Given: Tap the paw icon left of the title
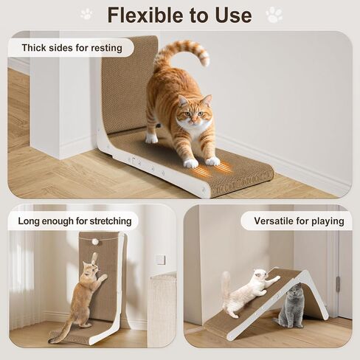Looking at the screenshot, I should (86, 14).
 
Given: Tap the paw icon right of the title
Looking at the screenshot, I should (274, 14).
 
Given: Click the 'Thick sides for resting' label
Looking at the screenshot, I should (71, 48).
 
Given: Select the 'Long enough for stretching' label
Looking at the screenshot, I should (74, 220).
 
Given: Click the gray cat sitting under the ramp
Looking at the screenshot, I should (291, 306).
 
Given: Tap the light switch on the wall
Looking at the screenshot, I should (160, 260).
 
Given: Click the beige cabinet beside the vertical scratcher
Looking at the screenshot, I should (162, 310).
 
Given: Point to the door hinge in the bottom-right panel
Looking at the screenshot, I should (338, 284).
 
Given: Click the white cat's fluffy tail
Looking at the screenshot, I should (226, 284).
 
